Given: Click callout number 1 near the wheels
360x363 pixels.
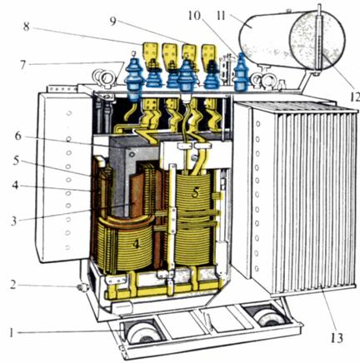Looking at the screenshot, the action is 11,333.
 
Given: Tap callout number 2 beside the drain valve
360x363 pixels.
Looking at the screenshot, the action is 12,285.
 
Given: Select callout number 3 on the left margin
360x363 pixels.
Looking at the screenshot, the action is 14,221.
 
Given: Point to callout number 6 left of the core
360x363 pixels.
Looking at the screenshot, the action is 17,136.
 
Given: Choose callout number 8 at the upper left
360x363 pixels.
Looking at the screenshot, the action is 26,27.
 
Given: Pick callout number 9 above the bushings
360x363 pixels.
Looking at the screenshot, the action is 112,21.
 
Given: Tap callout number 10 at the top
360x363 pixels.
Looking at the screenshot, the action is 194,16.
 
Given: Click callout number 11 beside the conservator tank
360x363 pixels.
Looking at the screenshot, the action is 221,16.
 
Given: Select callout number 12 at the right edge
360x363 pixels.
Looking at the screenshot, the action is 354,97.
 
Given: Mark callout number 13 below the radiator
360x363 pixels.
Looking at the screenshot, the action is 337,338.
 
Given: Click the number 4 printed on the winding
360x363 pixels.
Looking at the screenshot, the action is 135,244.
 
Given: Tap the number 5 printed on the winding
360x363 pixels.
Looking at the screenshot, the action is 196,192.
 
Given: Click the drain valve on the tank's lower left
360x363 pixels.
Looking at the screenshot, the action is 82,287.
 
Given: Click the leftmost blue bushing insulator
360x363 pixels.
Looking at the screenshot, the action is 134,77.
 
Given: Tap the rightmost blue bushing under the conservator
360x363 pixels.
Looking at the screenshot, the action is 241,72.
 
